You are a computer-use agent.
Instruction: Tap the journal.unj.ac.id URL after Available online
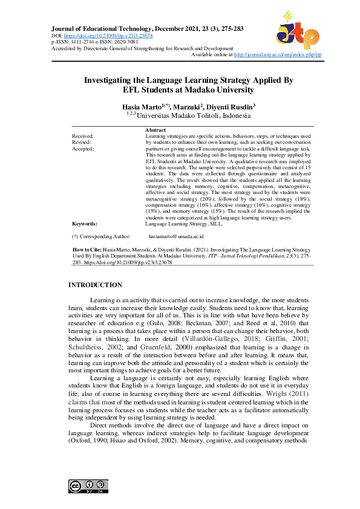pyautogui.click(x=278, y=54)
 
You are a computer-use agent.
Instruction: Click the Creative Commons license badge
pyautogui.click(x=88, y=486)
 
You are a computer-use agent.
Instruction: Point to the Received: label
pyautogui.click(x=83, y=137)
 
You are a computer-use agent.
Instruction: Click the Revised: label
pyautogui.click(x=82, y=143)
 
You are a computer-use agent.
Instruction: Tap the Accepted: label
pyautogui.click(x=83, y=149)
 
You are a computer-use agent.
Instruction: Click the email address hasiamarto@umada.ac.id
pyautogui.click(x=176, y=236)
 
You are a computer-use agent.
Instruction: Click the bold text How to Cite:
pyautogui.click(x=85, y=249)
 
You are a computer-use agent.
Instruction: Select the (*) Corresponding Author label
pyautogui.click(x=101, y=236)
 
